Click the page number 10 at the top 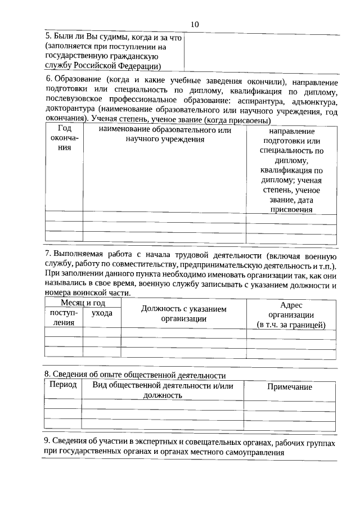click(x=195, y=24)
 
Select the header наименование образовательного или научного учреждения click(x=164, y=134)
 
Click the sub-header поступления click(x=64, y=318)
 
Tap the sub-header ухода click(x=102, y=313)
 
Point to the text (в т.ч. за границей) click(x=291, y=325)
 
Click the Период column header click(x=63, y=386)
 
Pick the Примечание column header click(x=289, y=387)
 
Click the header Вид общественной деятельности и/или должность click(x=164, y=390)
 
